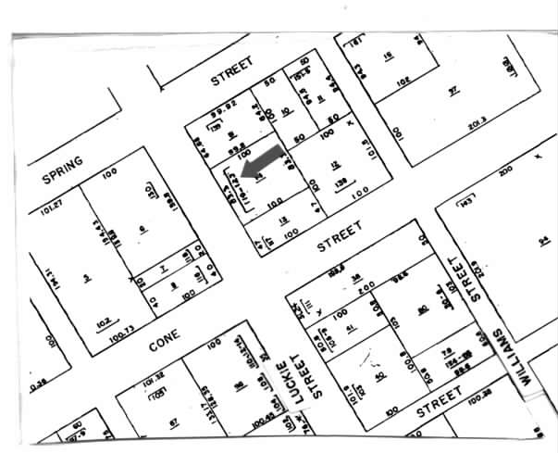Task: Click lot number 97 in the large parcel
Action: coord(453,90)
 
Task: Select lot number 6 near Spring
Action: coord(143,230)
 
